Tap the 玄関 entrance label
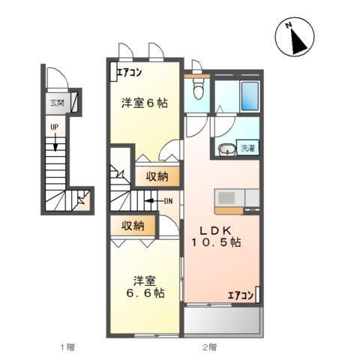[x=57, y=103]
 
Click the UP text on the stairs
[x=54, y=127]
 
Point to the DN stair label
[x=169, y=200]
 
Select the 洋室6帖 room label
[x=145, y=104]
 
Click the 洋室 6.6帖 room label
[x=145, y=286]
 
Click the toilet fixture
[x=197, y=89]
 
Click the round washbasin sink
[x=225, y=149]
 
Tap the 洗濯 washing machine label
[x=247, y=148]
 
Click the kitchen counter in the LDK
[x=236, y=199]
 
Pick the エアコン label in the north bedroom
[x=128, y=73]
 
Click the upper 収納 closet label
[x=157, y=177]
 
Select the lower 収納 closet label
[x=133, y=224]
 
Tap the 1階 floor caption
[x=67, y=347]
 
